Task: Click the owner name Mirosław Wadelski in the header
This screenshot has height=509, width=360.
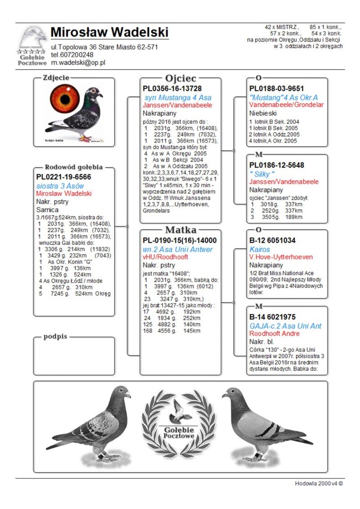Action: click(110, 32)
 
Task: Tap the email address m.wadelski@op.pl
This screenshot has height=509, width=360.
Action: click(78, 63)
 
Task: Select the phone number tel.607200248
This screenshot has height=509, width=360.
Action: click(72, 55)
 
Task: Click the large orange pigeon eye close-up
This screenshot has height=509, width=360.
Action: click(65, 99)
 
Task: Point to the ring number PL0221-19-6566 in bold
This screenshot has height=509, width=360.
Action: click(63, 177)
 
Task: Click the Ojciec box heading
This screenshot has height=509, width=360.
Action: click(180, 78)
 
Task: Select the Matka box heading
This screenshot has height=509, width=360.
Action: click(180, 230)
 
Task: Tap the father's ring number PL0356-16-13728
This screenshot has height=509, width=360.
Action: click(172, 89)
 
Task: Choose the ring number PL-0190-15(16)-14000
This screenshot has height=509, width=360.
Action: click(180, 240)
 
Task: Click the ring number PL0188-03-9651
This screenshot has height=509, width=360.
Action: click(277, 89)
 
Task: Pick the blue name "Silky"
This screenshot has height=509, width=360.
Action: click(262, 174)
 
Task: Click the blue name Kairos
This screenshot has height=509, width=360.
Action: click(260, 249)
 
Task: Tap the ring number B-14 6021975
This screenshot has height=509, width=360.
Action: click(272, 317)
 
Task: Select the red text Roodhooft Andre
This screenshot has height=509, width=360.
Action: click(274, 333)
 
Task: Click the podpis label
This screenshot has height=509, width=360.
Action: click(55, 337)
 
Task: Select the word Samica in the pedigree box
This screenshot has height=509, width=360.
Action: click(47, 210)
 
